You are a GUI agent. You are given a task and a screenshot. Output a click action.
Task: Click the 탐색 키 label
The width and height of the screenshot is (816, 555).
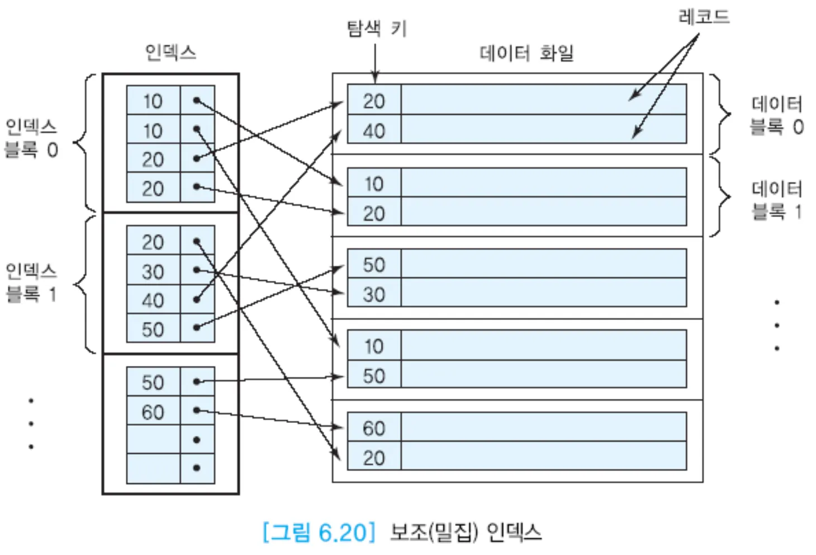377,28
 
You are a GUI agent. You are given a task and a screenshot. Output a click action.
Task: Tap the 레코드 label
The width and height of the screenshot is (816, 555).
704,17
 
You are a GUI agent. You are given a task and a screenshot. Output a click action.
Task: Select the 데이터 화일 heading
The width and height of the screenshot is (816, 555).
526,53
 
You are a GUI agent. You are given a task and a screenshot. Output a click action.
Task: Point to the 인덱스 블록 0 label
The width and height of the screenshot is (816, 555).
31,138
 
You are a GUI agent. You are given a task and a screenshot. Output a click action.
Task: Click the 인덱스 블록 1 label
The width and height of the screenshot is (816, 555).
31,282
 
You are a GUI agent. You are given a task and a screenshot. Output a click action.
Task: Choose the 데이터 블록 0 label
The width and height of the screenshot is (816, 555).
776,115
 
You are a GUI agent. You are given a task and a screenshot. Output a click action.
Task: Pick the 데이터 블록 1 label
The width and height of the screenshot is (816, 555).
776,200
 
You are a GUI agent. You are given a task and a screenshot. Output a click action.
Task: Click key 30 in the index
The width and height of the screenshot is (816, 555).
153,272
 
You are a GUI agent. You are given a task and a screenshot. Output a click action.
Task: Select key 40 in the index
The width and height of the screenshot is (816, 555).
153,300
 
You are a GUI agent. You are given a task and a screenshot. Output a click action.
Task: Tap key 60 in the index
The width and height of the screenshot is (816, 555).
153,412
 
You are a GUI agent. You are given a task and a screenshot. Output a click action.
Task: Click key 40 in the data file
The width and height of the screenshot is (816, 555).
374,131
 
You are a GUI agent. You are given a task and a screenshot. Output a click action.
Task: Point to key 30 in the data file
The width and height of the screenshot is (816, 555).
374,294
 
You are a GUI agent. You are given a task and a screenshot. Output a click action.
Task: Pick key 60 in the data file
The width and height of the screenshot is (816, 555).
374,429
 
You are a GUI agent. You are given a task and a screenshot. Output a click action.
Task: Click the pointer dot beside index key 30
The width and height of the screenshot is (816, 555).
197,270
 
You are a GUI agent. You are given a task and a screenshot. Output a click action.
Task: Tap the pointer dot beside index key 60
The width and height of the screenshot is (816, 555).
197,411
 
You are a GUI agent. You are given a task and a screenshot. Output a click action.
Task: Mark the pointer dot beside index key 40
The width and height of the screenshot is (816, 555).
197,300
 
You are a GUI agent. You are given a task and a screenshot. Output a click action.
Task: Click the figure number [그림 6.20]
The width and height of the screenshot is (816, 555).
319,532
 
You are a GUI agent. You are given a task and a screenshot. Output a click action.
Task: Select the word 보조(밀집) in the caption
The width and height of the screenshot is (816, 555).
434,532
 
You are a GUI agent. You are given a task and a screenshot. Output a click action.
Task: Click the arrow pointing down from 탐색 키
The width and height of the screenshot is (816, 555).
375,62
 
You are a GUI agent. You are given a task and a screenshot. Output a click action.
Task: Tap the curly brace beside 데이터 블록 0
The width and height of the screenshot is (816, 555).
721,114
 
